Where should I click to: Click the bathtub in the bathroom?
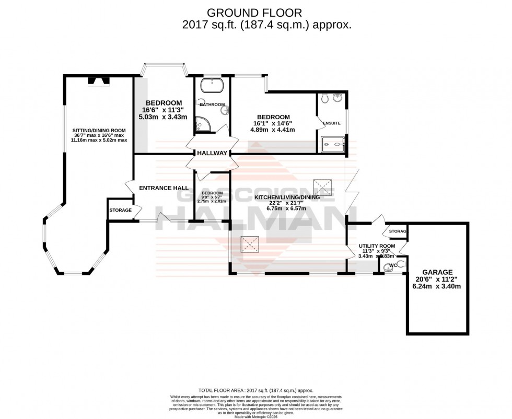tap(212, 84)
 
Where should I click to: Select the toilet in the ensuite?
tap(324, 97)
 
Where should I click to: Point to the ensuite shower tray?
tap(331, 142)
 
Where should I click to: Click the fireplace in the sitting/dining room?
tap(99, 80)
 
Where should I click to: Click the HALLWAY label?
tap(212, 154)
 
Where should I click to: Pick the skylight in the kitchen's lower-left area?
tap(247, 242)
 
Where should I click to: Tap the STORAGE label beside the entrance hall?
tap(120, 210)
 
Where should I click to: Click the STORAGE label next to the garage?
tap(398, 231)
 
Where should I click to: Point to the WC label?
tap(393, 266)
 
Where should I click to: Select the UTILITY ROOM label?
tap(376, 246)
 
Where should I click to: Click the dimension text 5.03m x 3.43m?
tap(164, 119)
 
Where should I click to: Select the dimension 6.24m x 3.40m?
tap(434, 287)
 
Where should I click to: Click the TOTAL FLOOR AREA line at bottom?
tap(255, 390)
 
